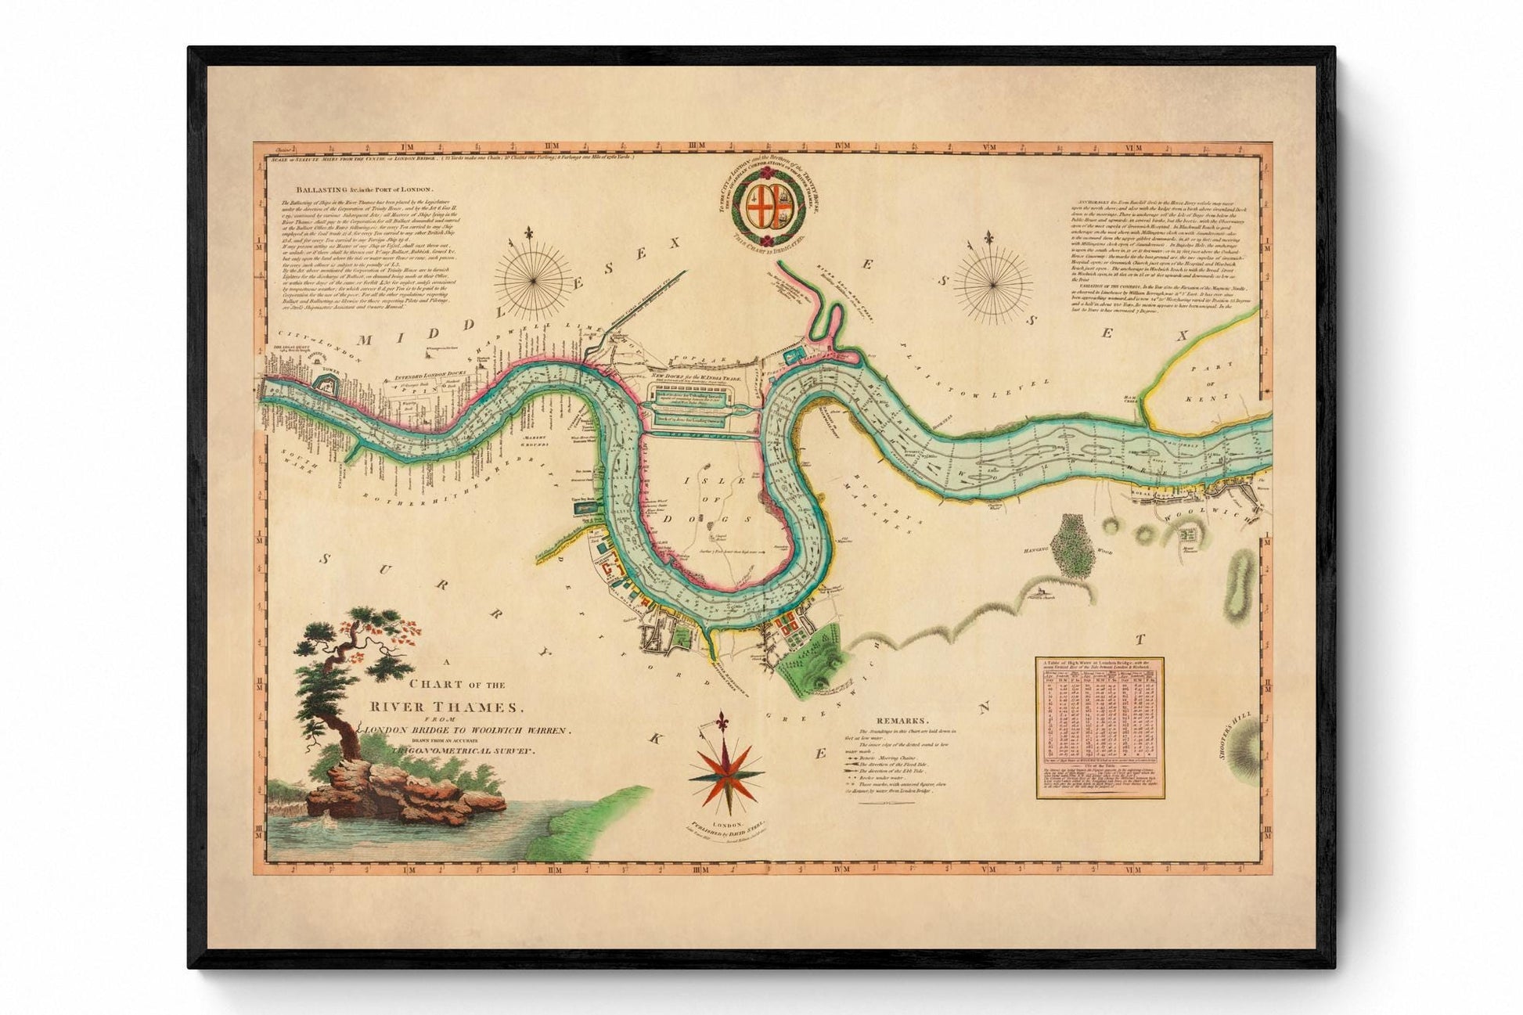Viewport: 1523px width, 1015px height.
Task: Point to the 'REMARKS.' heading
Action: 902,721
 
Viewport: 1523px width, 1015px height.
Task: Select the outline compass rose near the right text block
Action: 992,276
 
